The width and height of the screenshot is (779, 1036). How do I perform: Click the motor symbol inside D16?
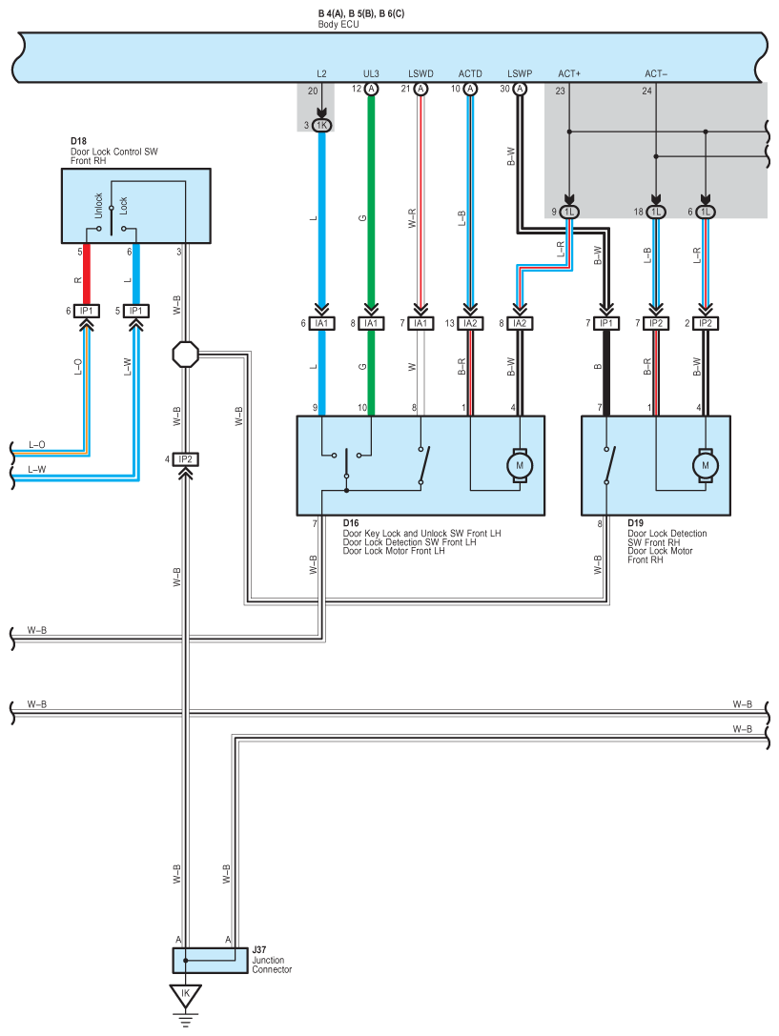click(x=520, y=466)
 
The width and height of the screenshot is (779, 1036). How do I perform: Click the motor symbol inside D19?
click(x=705, y=466)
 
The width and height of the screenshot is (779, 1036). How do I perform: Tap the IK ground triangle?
click(x=185, y=994)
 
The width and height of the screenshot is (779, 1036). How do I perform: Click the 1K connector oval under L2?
click(x=321, y=126)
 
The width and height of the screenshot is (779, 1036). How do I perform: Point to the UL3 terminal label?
click(x=371, y=74)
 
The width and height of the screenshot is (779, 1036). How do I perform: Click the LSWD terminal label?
click(x=420, y=74)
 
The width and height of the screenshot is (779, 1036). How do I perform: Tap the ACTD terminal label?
click(x=470, y=74)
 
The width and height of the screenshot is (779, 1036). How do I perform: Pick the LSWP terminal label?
click(x=520, y=74)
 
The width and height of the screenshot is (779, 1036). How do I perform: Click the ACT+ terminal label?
click(x=569, y=74)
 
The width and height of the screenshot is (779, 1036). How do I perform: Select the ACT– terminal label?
click(x=656, y=74)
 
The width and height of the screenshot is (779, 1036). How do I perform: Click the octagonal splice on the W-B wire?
click(x=186, y=355)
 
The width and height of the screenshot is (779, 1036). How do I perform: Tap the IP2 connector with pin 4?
click(x=186, y=459)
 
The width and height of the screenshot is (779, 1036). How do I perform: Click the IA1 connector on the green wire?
click(x=371, y=323)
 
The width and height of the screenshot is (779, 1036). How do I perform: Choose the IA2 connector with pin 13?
click(x=470, y=323)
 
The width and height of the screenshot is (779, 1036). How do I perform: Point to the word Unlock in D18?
click(x=98, y=206)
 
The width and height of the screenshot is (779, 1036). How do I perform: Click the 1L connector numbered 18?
click(x=655, y=213)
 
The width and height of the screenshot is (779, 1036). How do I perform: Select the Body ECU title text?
click(x=338, y=25)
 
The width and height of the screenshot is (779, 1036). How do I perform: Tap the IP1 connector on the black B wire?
click(x=606, y=323)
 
